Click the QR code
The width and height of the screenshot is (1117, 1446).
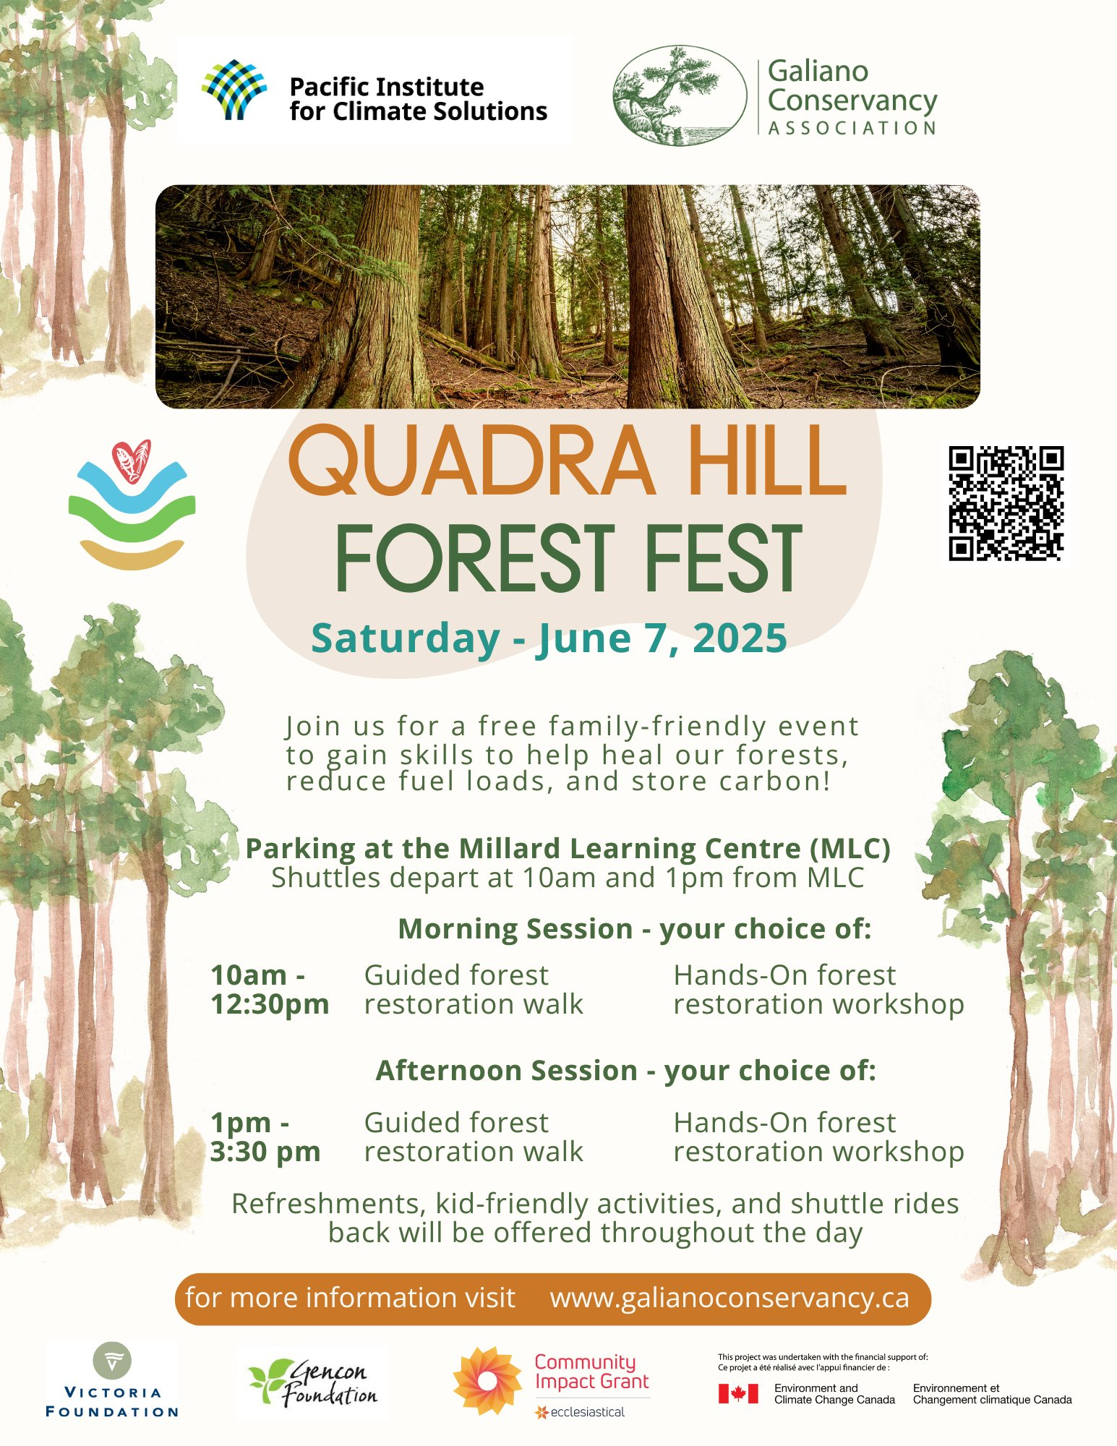tap(1006, 503)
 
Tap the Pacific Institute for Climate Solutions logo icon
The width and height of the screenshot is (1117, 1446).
tap(234, 90)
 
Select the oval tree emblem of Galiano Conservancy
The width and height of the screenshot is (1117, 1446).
tap(680, 96)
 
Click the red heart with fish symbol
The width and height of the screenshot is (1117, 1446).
tap(132, 461)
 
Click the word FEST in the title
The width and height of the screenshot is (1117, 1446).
tap(723, 558)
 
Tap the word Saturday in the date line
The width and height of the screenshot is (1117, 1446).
tap(406, 638)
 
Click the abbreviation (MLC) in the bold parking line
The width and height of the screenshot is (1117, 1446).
tap(850, 848)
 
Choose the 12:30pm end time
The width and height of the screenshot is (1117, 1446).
tap(270, 1004)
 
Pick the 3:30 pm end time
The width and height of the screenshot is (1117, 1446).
tap(265, 1152)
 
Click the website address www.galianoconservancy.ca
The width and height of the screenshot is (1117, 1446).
tap(729, 1298)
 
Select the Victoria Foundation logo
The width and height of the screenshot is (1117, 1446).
tap(111, 1380)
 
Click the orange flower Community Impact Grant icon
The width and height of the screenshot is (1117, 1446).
tap(487, 1381)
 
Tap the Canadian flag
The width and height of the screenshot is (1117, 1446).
tap(738, 1394)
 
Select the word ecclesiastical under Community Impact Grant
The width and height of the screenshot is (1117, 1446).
tap(588, 1412)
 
